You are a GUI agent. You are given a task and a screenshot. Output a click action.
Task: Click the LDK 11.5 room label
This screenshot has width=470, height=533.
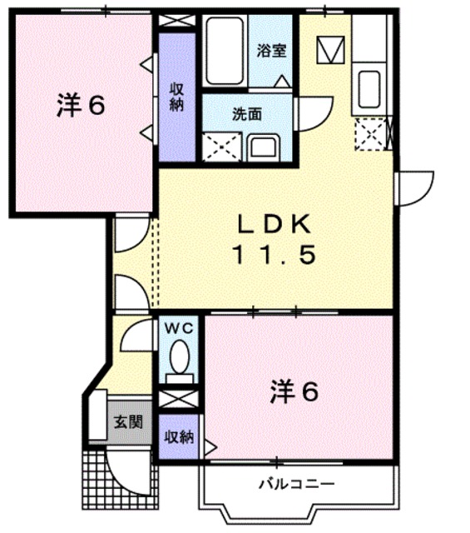[275, 239]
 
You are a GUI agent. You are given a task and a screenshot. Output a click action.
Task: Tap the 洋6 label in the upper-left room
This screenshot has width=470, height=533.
[81, 107]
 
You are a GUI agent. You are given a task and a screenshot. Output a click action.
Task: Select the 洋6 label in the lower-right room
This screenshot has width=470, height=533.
[293, 391]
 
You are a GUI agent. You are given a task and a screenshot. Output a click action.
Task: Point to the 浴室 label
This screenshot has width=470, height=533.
[271, 50]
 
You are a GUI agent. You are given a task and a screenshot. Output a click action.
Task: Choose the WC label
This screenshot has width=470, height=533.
[179, 328]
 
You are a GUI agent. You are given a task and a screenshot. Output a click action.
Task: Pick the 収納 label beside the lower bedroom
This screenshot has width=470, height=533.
[178, 436]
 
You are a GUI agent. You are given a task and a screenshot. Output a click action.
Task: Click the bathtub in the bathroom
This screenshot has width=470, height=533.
[225, 52]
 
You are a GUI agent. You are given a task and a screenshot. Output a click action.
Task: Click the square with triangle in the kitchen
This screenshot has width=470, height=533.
[329, 49]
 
